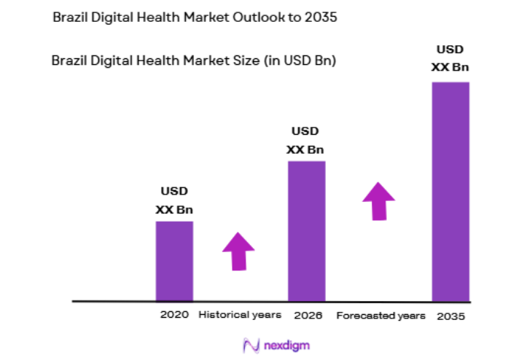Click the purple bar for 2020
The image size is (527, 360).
(x=174, y=260)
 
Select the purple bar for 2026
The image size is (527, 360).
(x=306, y=230)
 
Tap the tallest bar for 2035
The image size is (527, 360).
(x=450, y=191)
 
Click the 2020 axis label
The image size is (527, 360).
(x=174, y=315)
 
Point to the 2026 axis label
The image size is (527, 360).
(x=308, y=316)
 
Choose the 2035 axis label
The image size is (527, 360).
(x=450, y=316)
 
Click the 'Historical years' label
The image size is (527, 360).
(x=241, y=315)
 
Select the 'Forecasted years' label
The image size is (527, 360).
(x=380, y=316)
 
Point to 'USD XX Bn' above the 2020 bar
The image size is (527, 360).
(x=174, y=200)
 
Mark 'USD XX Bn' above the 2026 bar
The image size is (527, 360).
(x=305, y=141)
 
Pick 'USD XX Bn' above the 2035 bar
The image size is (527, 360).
(x=450, y=58)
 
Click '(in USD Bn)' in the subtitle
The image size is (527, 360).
(x=300, y=61)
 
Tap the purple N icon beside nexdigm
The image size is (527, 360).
(x=251, y=345)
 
